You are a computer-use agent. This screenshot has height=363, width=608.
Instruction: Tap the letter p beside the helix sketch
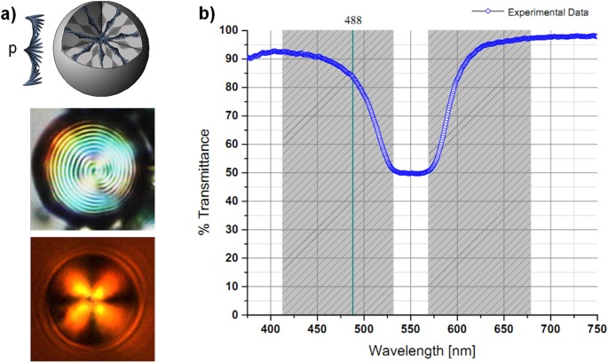12,50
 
